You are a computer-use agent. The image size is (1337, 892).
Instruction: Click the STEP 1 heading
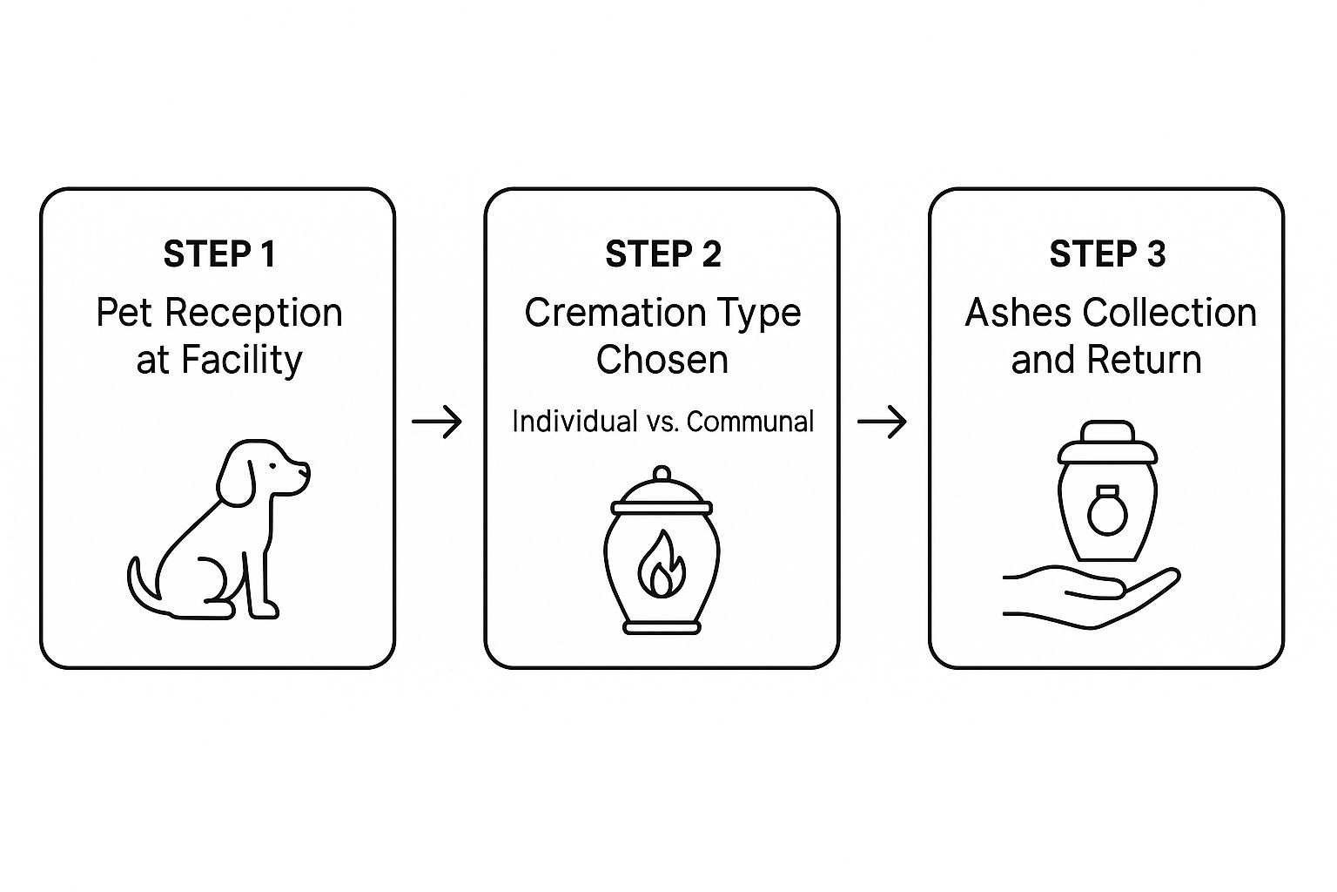[x=219, y=254]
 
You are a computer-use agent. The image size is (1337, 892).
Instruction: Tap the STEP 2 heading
[x=663, y=254]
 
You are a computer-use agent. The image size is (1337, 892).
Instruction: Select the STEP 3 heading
[x=1107, y=254]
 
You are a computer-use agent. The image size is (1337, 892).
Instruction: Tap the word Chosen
[x=662, y=360]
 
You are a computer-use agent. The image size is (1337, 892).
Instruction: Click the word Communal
[x=750, y=422]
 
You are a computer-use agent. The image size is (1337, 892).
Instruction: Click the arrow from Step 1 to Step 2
[x=437, y=422]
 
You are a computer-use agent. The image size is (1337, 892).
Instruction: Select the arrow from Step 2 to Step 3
[x=882, y=422]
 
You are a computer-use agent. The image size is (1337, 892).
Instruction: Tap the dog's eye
[x=273, y=466]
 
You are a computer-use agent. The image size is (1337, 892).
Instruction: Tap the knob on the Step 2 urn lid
[x=662, y=473]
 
